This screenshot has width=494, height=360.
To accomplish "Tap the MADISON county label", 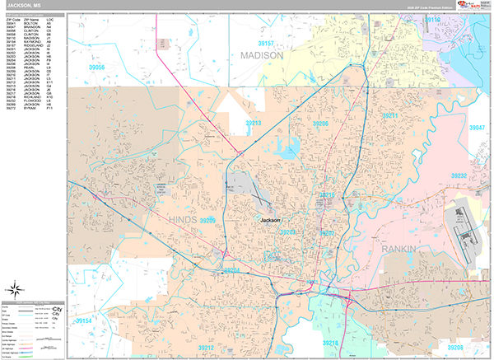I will [262, 55].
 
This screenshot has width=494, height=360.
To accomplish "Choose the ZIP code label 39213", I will [252, 123].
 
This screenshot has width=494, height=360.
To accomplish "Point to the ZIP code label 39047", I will [478, 128].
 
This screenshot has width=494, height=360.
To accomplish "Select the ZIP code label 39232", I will [458, 176].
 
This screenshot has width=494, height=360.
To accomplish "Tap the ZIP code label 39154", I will [86, 320].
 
